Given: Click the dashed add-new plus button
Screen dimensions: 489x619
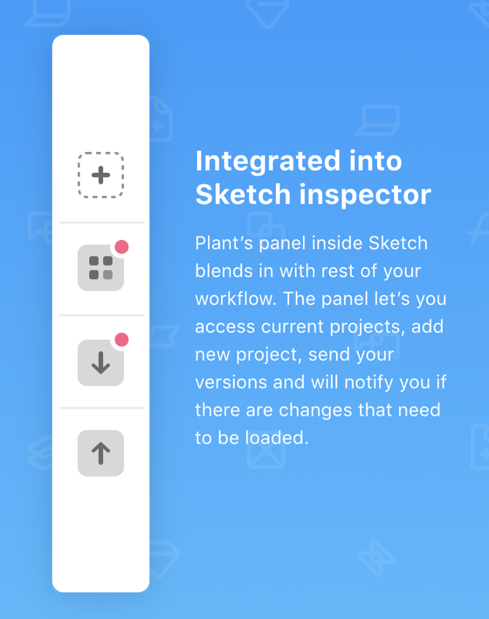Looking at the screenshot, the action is (101, 175).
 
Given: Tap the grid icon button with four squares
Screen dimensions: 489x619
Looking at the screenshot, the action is (101, 268).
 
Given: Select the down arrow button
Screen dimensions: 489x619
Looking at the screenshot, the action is (101, 363).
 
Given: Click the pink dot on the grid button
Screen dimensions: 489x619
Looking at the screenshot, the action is (121, 247).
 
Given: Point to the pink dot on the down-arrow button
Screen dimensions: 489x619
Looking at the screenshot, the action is (121, 339).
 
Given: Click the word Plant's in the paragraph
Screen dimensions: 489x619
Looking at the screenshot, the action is (224, 243).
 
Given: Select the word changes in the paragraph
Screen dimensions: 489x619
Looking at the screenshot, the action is (315, 411).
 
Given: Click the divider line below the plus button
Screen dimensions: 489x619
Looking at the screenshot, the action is (102, 223).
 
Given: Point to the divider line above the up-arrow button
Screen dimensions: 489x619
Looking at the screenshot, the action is (102, 408).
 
